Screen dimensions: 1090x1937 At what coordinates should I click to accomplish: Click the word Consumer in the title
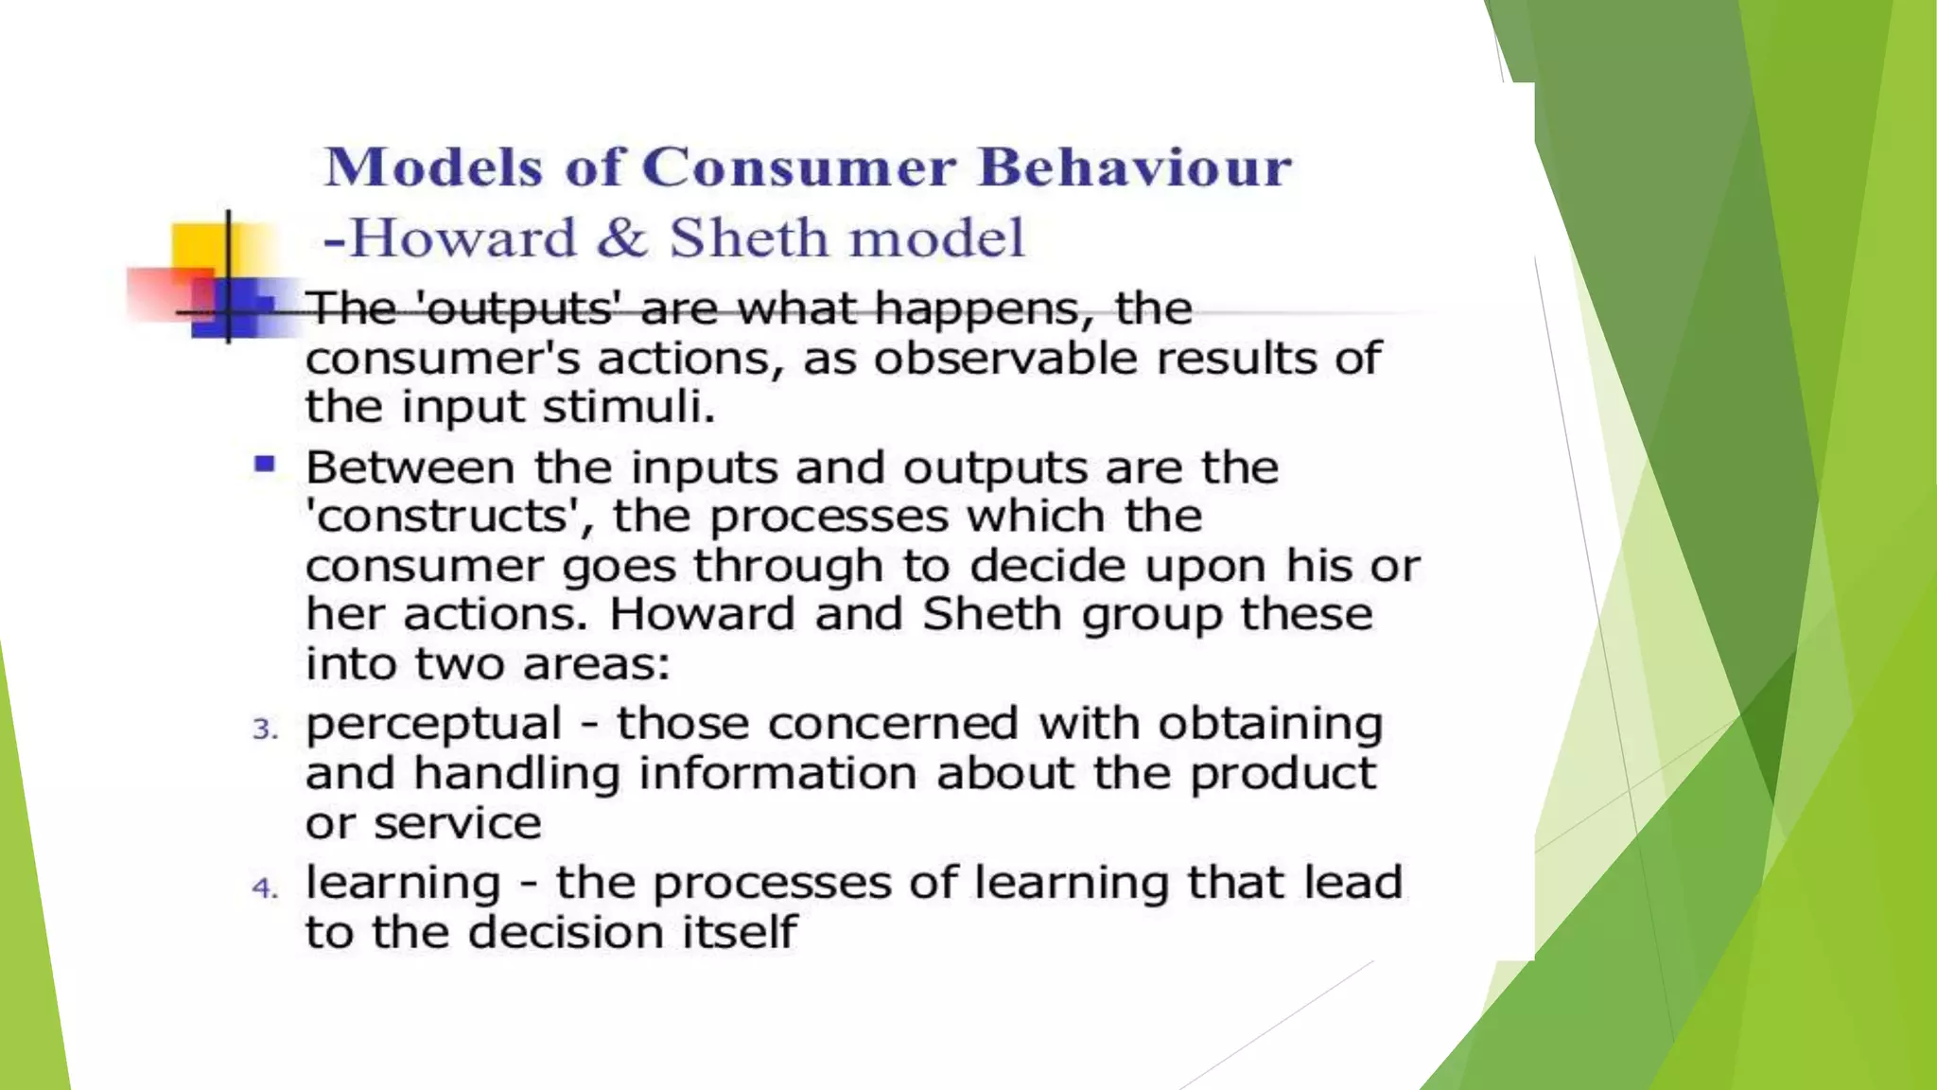(x=799, y=167)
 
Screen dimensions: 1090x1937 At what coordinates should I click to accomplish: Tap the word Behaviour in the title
(x=1134, y=167)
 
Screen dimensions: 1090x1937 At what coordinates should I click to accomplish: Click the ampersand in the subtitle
(x=621, y=237)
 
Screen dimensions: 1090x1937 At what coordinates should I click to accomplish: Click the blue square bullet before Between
(x=264, y=465)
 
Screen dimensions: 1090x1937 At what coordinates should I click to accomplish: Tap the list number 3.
(x=264, y=730)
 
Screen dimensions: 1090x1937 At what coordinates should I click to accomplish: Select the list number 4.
(x=264, y=888)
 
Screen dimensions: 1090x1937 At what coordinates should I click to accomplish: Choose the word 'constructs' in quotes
(x=449, y=517)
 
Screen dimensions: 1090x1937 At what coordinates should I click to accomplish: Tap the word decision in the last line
(x=565, y=933)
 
